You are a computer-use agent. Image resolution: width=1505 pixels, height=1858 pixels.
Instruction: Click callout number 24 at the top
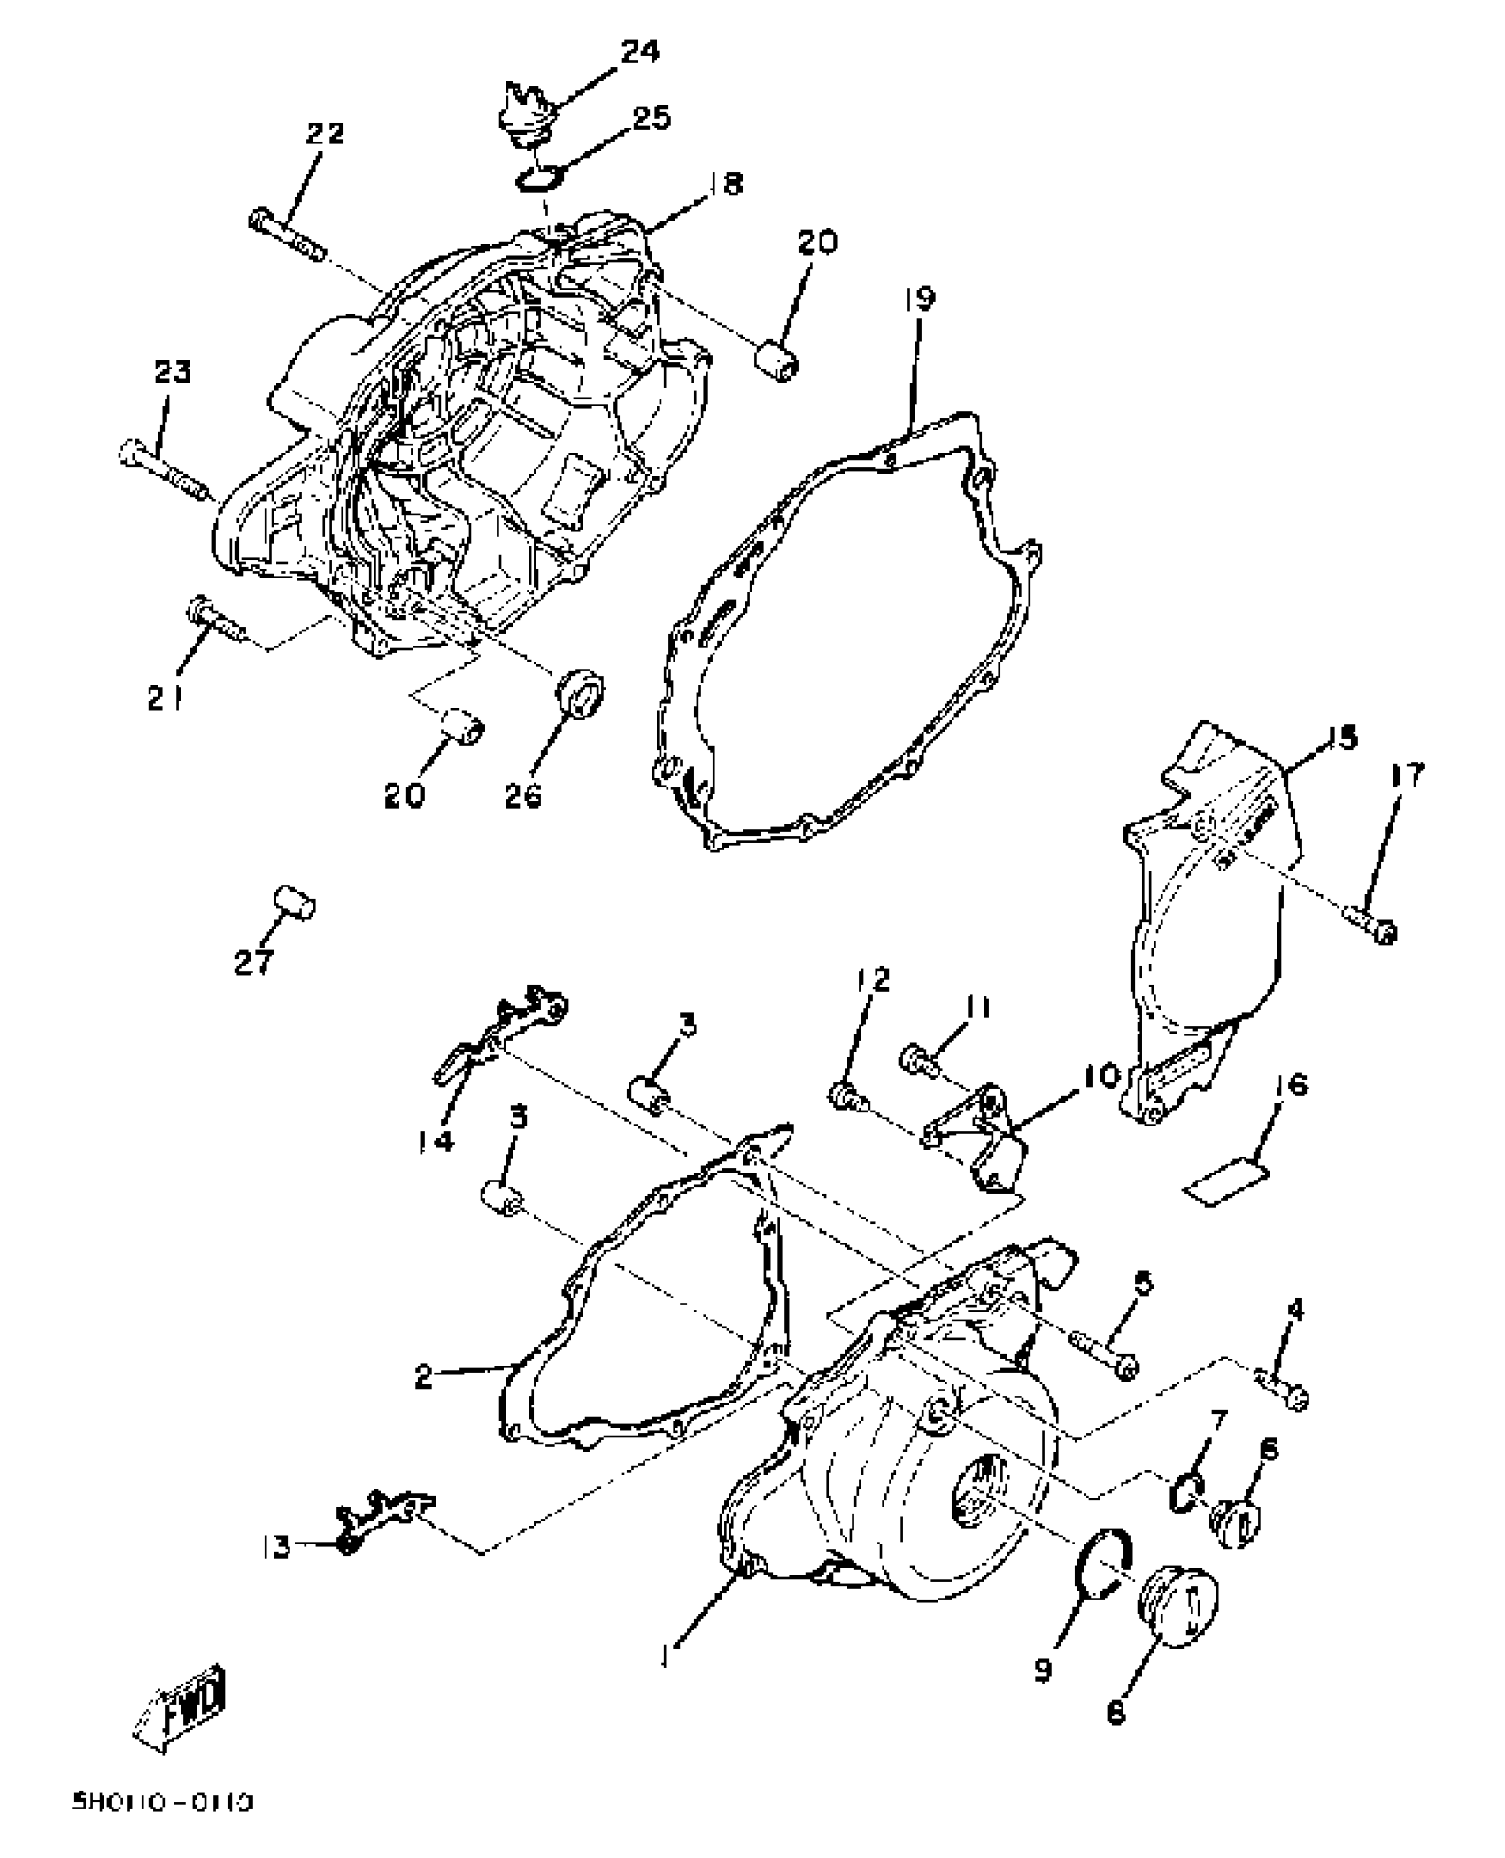(639, 52)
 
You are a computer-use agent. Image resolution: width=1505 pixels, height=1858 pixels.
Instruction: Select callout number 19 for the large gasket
(919, 299)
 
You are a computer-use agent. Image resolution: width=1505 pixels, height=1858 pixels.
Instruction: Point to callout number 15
(1342, 738)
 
